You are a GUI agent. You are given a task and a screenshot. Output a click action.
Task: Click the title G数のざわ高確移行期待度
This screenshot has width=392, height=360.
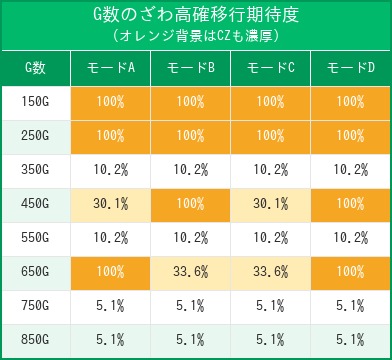point(196,15)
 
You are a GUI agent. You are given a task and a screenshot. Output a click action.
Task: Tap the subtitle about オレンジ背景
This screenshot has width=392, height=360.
point(196,35)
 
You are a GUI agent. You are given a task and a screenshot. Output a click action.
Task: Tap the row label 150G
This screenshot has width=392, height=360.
point(35,102)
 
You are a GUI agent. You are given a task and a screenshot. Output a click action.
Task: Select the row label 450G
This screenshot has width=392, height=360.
point(35,204)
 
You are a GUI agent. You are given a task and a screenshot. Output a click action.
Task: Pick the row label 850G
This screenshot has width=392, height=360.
point(35,340)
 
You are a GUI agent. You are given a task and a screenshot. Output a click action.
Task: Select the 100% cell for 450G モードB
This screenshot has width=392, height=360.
point(190,204)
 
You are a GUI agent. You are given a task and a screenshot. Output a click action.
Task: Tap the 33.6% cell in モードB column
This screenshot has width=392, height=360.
point(190,272)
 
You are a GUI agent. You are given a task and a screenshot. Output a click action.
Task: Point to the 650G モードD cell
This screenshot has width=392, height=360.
point(350,272)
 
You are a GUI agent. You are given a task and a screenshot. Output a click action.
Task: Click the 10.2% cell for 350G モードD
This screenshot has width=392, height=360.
point(350,170)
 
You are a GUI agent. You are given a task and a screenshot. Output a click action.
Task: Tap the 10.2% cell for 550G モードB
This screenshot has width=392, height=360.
point(190,238)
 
